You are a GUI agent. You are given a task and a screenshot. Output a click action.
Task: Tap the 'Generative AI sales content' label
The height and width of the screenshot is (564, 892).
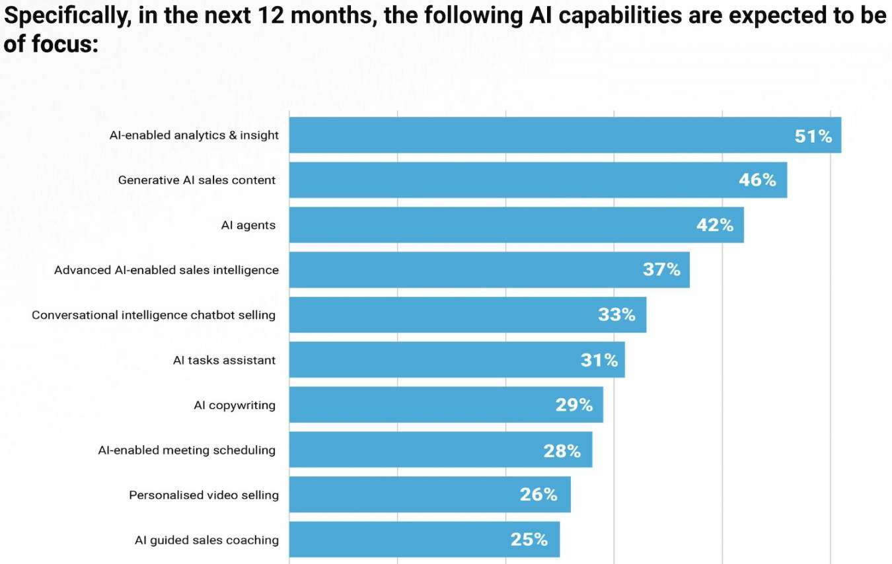pyautogui.click(x=197, y=180)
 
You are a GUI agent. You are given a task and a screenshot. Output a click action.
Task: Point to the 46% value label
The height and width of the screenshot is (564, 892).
pyautogui.click(x=757, y=180)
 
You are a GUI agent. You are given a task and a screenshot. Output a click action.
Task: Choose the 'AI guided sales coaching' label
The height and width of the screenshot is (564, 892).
pyautogui.click(x=206, y=540)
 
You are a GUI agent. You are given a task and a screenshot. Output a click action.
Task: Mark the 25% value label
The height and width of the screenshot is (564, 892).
pyautogui.click(x=529, y=540)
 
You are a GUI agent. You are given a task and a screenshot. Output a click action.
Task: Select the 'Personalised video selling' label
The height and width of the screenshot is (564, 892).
pyautogui.click(x=204, y=495)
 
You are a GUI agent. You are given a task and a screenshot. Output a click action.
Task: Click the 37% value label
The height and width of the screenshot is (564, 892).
pyautogui.click(x=661, y=270)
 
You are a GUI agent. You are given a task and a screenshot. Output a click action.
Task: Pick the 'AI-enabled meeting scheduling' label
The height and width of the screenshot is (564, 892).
pyautogui.click(x=186, y=450)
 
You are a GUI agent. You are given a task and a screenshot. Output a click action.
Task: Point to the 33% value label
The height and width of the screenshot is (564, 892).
pyautogui.click(x=616, y=315)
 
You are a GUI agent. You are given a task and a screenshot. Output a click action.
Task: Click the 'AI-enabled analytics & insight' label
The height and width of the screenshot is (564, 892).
pyautogui.click(x=194, y=135)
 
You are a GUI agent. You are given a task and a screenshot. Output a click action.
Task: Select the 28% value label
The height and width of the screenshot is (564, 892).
pyautogui.click(x=562, y=451)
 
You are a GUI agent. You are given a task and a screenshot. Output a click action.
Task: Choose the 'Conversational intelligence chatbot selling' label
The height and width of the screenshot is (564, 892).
pyautogui.click(x=153, y=315)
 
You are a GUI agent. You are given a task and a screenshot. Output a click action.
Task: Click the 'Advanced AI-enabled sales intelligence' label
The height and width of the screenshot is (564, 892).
pyautogui.click(x=166, y=270)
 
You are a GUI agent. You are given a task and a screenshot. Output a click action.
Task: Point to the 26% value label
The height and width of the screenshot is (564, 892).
pyautogui.click(x=539, y=495)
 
